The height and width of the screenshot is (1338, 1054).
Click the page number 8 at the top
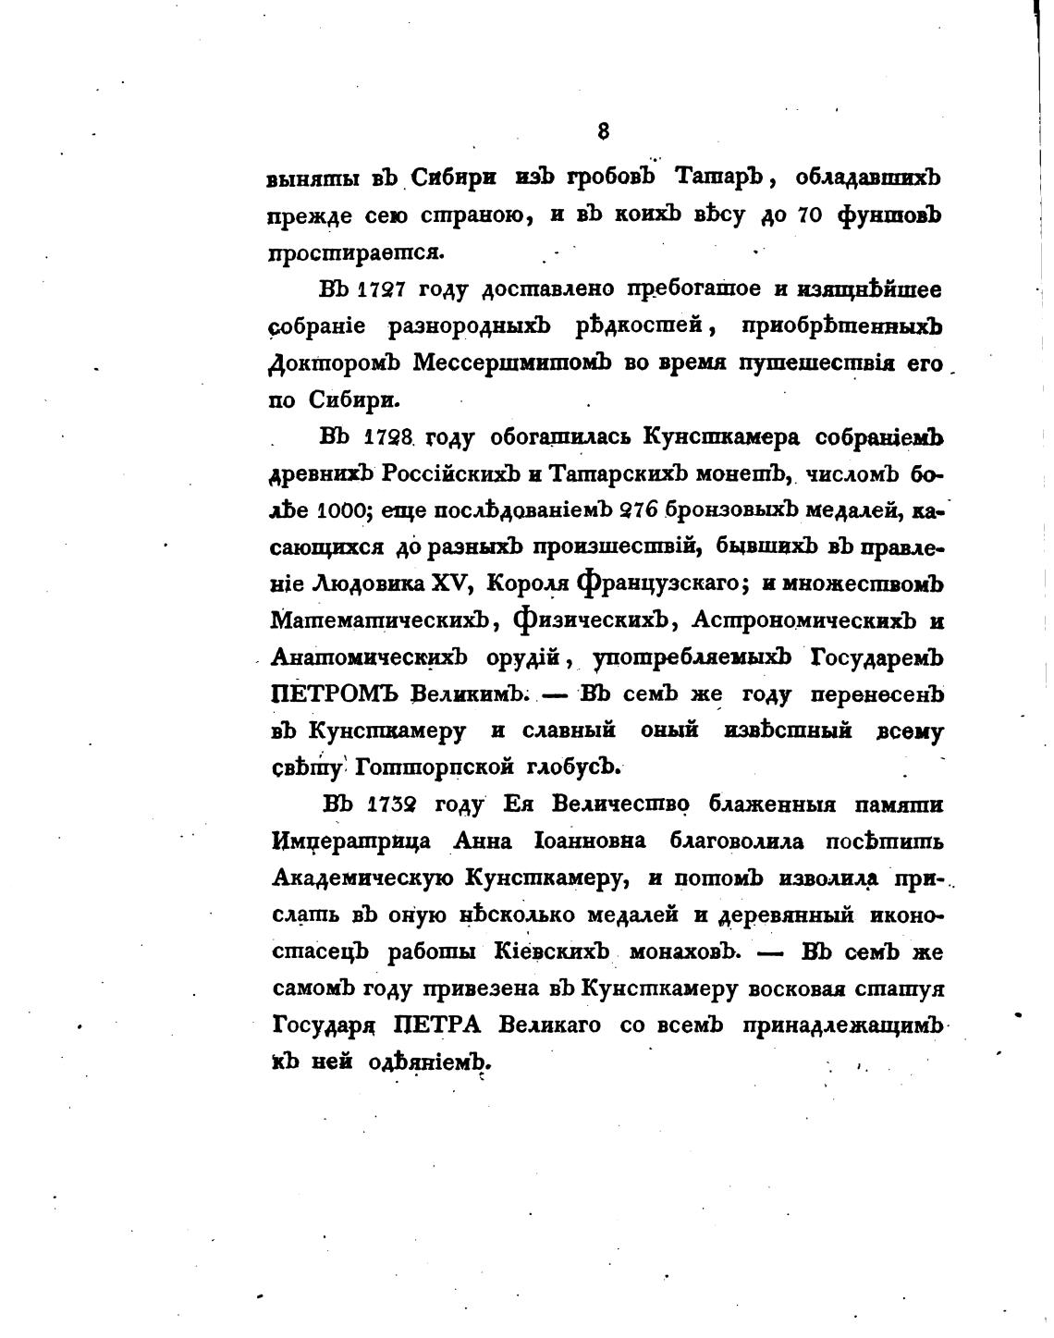click(604, 130)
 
